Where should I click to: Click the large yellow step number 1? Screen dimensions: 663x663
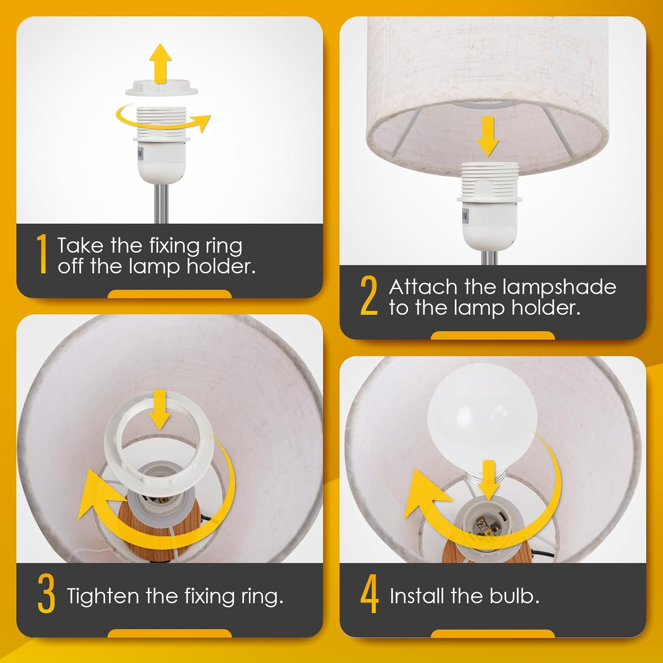click(x=42, y=254)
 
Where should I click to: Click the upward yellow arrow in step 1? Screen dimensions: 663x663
click(x=160, y=62)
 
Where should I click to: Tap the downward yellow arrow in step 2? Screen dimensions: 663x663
click(x=488, y=136)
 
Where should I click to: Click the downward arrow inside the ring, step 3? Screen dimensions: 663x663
click(x=160, y=409)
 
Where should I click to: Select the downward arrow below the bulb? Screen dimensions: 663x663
click(x=488, y=480)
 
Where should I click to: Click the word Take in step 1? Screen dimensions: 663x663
click(x=80, y=245)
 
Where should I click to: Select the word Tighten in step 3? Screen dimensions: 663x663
click(x=103, y=597)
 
